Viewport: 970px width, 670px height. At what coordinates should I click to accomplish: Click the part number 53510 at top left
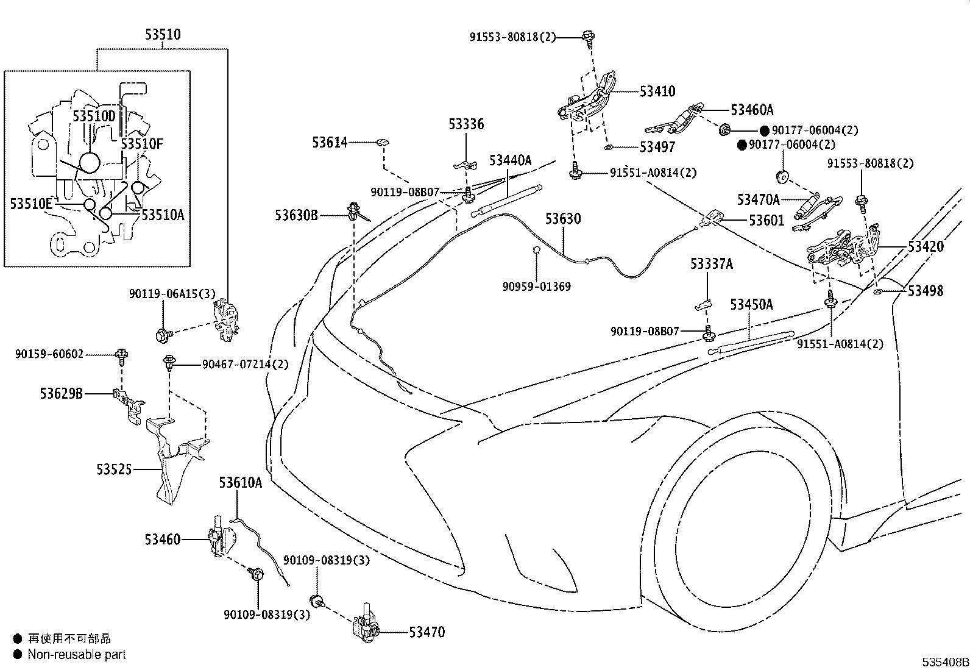(163, 35)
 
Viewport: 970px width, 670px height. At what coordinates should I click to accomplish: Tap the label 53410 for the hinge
(657, 91)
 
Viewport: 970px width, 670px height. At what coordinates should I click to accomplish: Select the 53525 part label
(114, 469)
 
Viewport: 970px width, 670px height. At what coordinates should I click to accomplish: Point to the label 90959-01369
(537, 287)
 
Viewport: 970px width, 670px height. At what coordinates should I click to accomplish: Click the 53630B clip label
(297, 215)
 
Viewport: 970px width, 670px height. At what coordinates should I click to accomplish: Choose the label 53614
(330, 143)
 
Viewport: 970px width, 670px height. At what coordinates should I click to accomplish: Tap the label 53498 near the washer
(926, 291)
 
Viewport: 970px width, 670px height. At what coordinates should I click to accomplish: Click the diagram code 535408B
(945, 662)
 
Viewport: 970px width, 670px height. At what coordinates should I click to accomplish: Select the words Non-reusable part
(77, 654)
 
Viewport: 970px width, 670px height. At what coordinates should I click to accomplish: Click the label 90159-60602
(49, 354)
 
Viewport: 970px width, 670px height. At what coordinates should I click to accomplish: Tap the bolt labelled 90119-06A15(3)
(163, 335)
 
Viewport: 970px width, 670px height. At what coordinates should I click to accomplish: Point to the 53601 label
(766, 221)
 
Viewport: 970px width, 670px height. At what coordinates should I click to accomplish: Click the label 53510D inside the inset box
(94, 116)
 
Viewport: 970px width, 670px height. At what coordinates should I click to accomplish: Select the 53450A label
(751, 305)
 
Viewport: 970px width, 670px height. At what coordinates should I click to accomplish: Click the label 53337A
(712, 263)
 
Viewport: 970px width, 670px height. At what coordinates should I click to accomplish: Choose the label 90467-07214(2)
(245, 365)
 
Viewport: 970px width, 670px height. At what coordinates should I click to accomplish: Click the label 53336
(466, 124)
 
